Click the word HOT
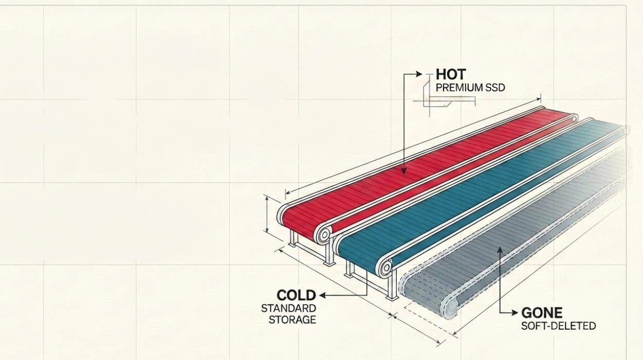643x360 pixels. [x=450, y=75]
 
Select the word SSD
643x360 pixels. [x=494, y=87]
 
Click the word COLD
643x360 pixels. [x=296, y=295]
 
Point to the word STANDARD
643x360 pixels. [x=288, y=308]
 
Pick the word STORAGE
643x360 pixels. [x=292, y=319]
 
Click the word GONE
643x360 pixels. [x=542, y=313]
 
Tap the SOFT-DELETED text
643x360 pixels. [x=558, y=326]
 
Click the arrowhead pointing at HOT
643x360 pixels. [x=419, y=74]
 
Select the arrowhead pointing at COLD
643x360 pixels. [x=323, y=295]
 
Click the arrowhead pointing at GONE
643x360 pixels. [x=515, y=313]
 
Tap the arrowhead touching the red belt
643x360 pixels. [x=404, y=171]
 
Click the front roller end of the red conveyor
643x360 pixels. [x=324, y=235]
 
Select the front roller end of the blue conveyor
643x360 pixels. [x=386, y=268]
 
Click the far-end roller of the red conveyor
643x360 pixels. [x=574, y=119]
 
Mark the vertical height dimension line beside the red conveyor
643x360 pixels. [x=267, y=214]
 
